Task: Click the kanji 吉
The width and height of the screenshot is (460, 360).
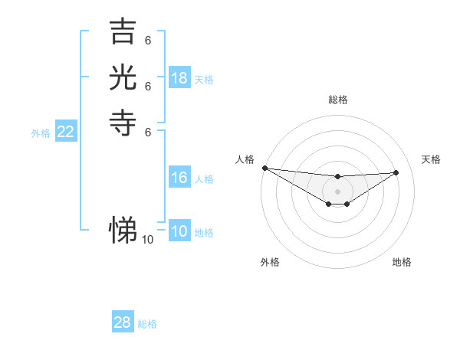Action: click(123, 31)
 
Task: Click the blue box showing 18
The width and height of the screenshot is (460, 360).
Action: click(179, 78)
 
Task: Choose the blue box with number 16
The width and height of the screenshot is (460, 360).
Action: click(179, 178)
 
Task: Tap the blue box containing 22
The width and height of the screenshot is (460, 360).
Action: click(66, 133)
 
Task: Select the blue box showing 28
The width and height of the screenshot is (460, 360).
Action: click(123, 322)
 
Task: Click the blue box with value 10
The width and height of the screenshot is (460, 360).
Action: click(179, 232)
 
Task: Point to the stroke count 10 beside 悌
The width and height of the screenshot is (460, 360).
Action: click(147, 240)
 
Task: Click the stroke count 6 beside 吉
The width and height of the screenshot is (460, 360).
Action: click(147, 41)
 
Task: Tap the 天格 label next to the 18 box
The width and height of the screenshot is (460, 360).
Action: click(204, 79)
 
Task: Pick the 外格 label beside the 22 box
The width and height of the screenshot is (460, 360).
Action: click(41, 133)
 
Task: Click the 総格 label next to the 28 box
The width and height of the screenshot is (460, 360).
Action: click(147, 323)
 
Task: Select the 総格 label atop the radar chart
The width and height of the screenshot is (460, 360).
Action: click(337, 100)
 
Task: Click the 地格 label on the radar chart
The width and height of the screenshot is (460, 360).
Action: click(402, 262)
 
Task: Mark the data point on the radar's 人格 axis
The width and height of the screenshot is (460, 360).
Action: click(264, 168)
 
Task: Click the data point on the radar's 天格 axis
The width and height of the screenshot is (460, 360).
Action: click(396, 172)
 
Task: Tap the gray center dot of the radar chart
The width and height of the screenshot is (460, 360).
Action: click(337, 191)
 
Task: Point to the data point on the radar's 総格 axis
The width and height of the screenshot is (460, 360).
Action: click(337, 177)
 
